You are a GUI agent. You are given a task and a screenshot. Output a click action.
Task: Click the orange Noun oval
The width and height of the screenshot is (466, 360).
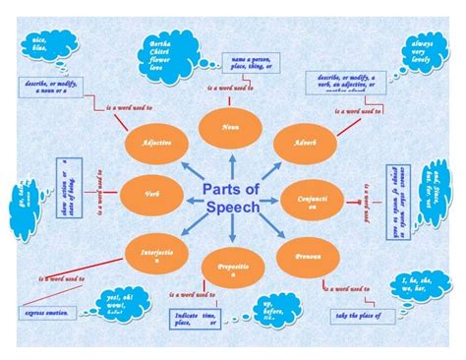click(231, 128)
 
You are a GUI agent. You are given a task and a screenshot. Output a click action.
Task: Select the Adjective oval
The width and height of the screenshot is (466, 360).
click(157, 144)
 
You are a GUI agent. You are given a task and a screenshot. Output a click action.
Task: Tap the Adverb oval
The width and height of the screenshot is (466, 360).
click(305, 144)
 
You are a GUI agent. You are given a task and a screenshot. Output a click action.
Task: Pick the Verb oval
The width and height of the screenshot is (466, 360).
click(150, 195)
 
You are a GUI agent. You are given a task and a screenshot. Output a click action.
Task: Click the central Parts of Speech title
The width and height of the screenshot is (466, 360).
click(232, 198)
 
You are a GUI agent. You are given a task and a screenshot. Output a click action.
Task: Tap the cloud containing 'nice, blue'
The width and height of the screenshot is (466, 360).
click(40, 45)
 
